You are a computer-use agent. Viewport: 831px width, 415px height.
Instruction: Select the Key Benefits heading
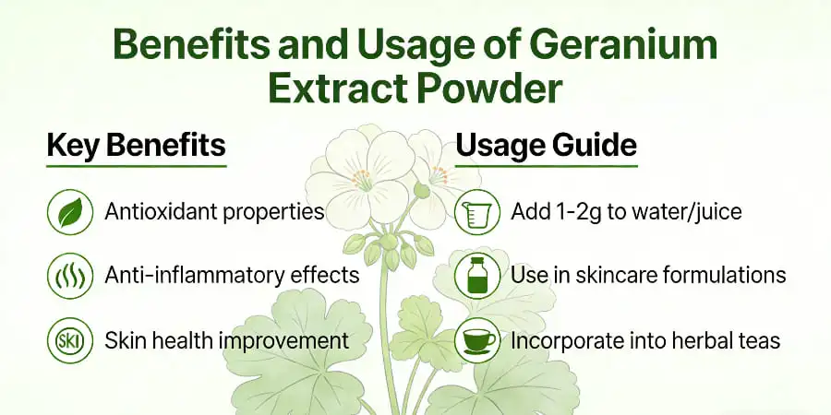(x=136, y=147)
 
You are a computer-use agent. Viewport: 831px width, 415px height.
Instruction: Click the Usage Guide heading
(x=547, y=147)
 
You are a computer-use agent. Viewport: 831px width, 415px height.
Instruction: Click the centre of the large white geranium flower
(x=363, y=174)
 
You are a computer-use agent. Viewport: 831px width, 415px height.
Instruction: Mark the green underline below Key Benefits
(x=136, y=166)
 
